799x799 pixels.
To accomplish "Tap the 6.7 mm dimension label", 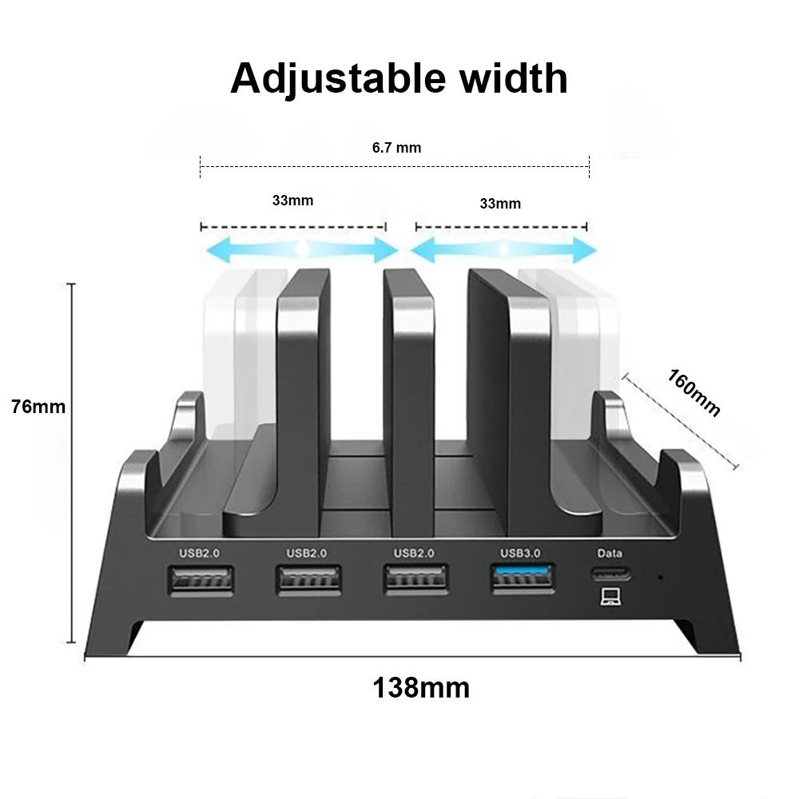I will [396, 147].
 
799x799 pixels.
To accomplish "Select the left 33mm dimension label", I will [292, 200].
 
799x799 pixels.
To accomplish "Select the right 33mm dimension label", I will [500, 204].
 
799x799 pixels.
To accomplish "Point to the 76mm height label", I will [38, 406].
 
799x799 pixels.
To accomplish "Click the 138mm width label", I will [421, 687].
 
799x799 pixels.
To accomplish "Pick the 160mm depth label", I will [694, 392].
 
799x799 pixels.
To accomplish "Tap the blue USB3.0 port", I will [523, 578].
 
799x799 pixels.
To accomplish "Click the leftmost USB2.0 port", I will [201, 579].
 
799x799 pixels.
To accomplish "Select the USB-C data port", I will [611, 573].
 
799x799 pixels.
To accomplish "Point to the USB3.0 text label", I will [521, 553].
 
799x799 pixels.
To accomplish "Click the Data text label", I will [610, 553].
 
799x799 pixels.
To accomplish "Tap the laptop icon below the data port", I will [611, 596].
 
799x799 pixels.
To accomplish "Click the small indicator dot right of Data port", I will [660, 577].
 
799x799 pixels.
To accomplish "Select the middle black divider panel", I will [408, 399].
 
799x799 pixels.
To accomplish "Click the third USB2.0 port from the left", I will [415, 579].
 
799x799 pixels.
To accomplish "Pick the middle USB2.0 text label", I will [308, 553].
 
